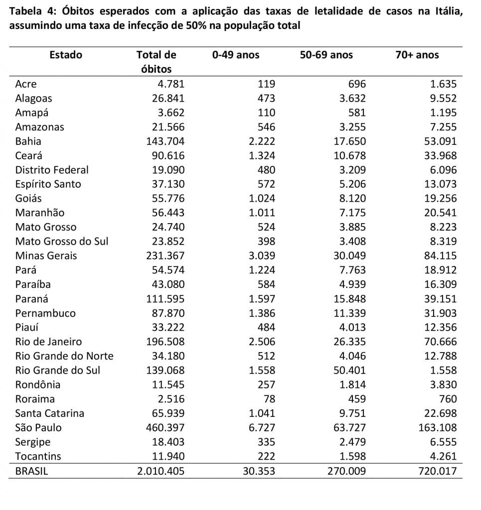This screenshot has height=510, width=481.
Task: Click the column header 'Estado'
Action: [x=66, y=55]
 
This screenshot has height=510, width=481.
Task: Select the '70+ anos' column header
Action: [x=417, y=55]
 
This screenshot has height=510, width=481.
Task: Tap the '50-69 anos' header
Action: [x=326, y=55]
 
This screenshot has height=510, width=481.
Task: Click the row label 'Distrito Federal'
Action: [x=52, y=170]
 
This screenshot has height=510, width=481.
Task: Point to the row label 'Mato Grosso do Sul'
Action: [x=61, y=242]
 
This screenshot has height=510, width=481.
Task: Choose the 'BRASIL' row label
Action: [x=31, y=471]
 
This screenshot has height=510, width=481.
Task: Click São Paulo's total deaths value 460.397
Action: [x=165, y=427]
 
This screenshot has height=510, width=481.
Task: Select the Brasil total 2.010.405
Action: [x=161, y=471]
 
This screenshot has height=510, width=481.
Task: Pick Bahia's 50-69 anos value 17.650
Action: [x=349, y=141]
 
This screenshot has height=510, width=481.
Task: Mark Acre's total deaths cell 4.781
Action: [x=171, y=84]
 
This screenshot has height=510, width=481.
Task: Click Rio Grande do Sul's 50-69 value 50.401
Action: [x=349, y=370]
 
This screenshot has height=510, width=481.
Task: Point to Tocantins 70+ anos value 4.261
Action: [x=443, y=456]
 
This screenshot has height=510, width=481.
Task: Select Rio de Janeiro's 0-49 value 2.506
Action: [x=262, y=342]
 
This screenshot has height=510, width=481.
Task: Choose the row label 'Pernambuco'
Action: [x=45, y=313]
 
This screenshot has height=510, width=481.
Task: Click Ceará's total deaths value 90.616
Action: [x=168, y=155]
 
